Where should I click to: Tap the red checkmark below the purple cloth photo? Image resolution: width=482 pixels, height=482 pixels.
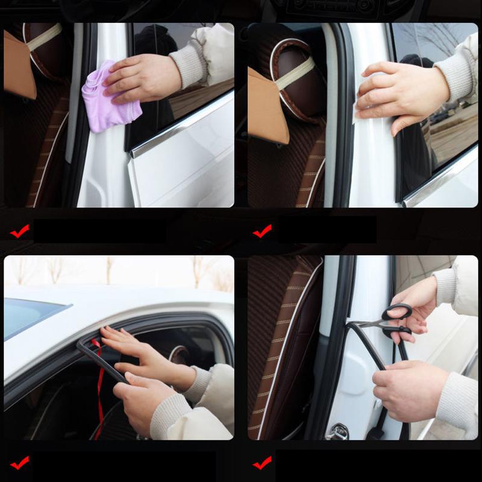tap(19, 231)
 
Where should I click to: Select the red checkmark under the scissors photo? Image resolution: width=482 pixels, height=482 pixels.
tap(262, 463)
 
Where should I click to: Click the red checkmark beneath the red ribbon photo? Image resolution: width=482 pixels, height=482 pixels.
tap(19, 463)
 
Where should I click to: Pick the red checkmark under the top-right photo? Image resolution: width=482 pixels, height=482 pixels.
tap(262, 231)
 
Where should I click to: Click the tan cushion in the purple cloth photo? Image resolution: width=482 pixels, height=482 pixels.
tap(18, 66)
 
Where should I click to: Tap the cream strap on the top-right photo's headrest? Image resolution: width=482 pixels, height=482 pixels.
tap(295, 72)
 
